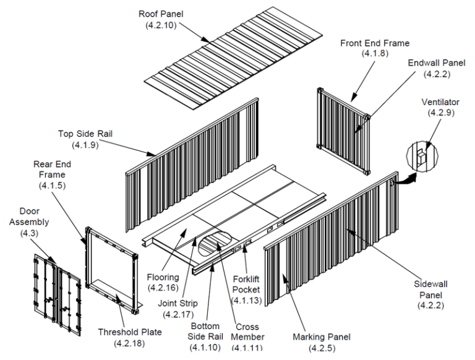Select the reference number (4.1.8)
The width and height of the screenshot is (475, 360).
click(374, 54)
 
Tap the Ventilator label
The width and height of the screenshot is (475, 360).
click(440, 102)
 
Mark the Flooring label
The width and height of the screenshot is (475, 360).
click(163, 277)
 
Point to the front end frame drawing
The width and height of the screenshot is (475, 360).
click(343, 130)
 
